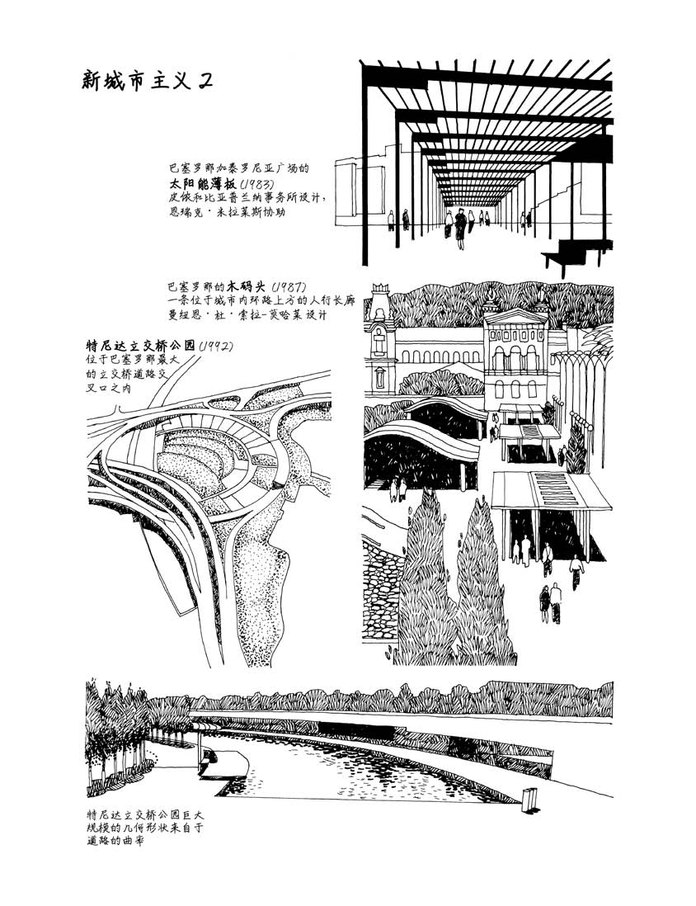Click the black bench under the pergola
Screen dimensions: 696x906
tap(583, 251)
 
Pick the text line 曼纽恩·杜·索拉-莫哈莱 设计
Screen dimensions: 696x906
tap(248, 316)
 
